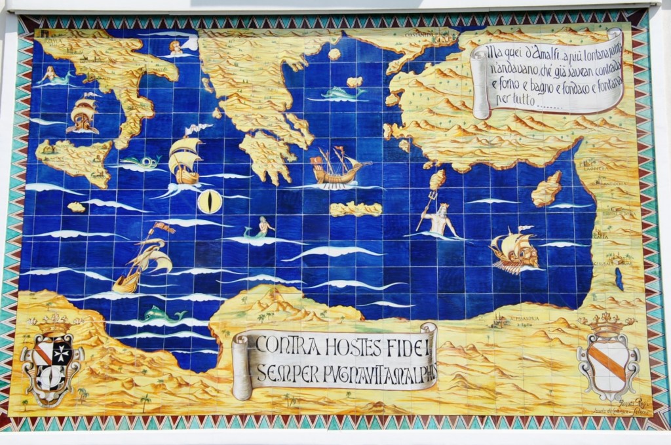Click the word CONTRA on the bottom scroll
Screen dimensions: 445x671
(x=283, y=345)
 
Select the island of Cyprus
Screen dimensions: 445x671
(x=546, y=188)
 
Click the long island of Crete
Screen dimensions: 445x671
(x=356, y=209)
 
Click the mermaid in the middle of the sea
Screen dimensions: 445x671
(x=259, y=228)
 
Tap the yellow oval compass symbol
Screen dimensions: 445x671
(x=210, y=201)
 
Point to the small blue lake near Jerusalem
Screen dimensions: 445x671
(x=619, y=278)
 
